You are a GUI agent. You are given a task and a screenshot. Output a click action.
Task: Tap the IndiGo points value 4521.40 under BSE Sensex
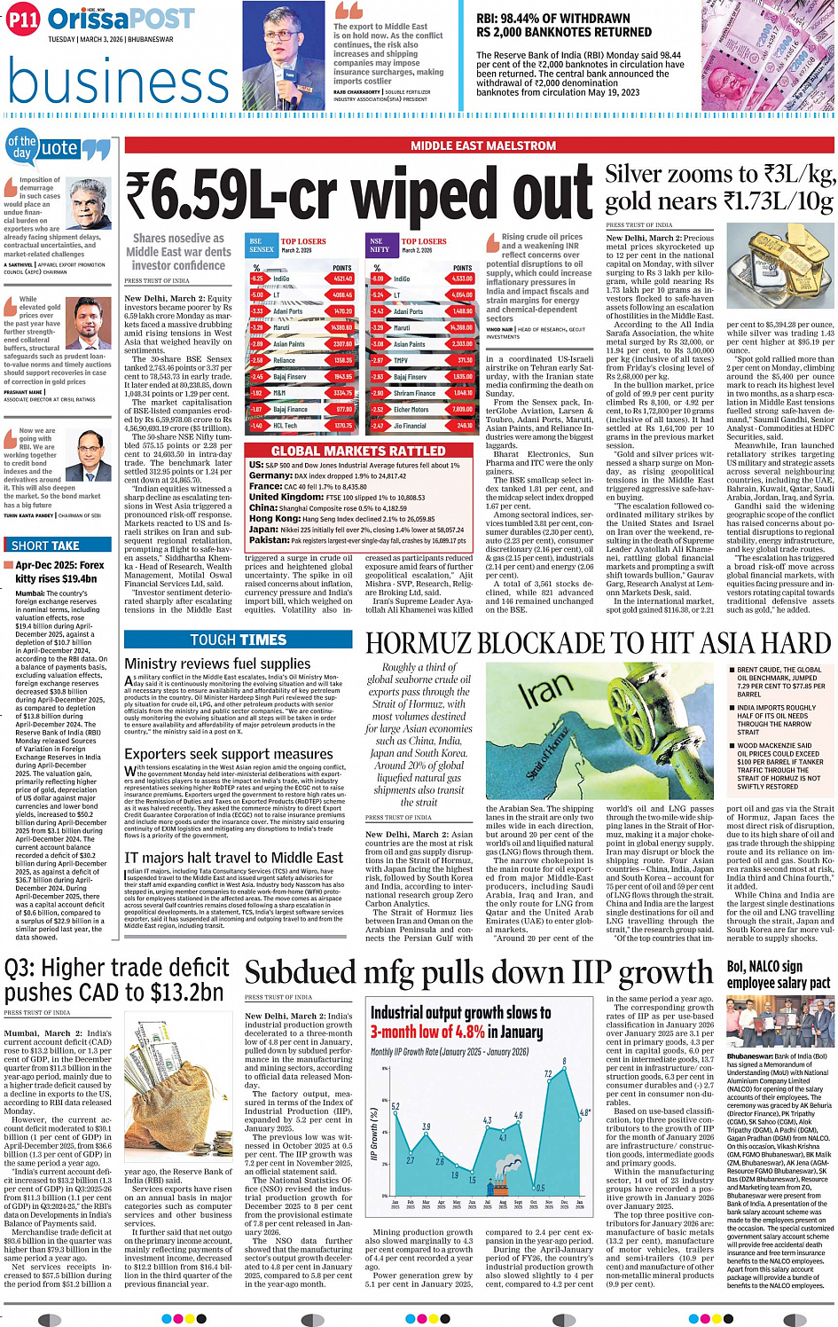[x=342, y=279]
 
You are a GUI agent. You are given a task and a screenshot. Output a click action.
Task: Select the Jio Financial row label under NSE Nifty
[x=410, y=426]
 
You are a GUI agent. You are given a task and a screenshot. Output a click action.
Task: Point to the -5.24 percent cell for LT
[x=378, y=295]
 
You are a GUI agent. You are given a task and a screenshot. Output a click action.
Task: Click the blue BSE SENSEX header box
[x=262, y=246]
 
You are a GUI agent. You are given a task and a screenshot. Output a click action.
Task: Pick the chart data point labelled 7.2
[x=548, y=1074]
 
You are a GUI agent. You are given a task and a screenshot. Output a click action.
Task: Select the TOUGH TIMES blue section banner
[x=239, y=640]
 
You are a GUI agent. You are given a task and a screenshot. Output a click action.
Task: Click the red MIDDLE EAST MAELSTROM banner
[x=483, y=145]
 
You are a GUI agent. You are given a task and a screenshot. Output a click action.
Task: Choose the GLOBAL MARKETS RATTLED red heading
[x=358, y=451]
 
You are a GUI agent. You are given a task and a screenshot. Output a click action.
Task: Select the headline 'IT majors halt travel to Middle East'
[x=233, y=858]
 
